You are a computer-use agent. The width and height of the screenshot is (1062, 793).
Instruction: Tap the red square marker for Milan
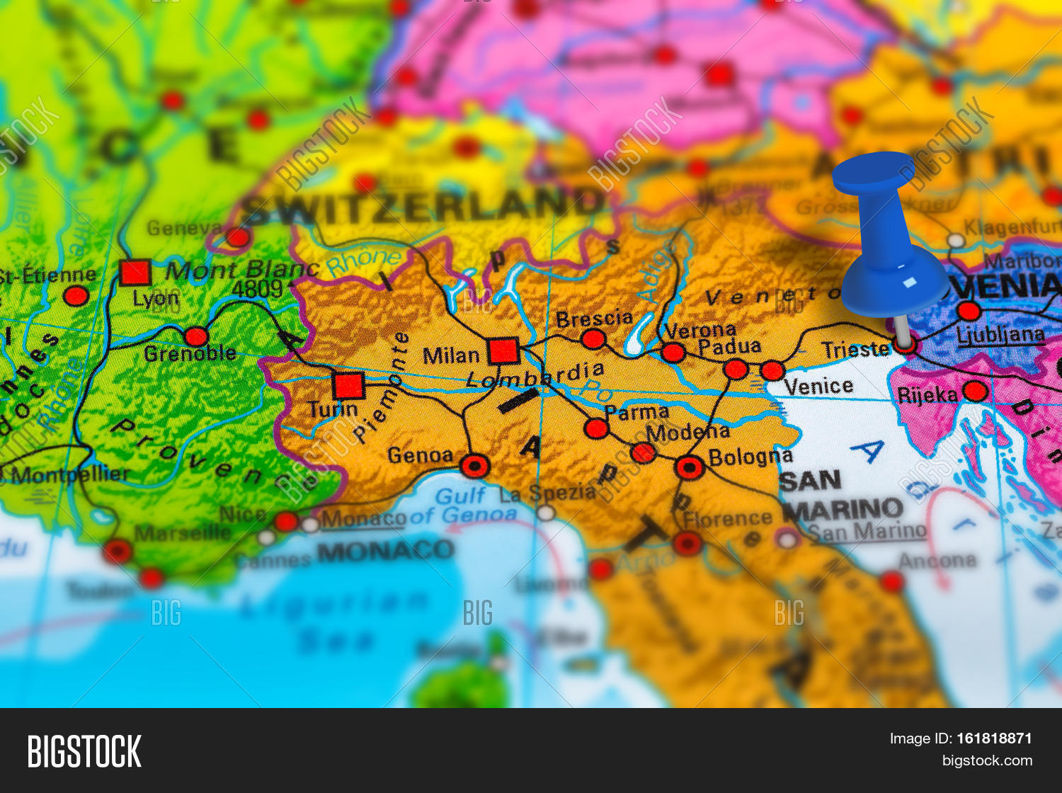pyautogui.click(x=503, y=350)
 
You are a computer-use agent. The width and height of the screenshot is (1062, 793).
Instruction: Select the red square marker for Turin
pyautogui.click(x=348, y=386)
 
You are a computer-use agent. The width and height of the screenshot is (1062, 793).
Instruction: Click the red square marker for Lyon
pyautogui.click(x=135, y=273)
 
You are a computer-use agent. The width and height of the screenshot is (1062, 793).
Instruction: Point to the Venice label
pyautogui.click(x=818, y=387)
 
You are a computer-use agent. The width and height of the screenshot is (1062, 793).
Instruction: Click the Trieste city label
pyautogui.click(x=855, y=350)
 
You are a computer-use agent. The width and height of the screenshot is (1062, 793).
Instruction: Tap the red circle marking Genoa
pyautogui.click(x=474, y=466)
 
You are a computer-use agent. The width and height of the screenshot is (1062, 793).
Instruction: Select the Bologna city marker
pyautogui.click(x=689, y=467)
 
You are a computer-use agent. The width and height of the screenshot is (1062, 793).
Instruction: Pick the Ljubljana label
pyautogui.click(x=1000, y=335)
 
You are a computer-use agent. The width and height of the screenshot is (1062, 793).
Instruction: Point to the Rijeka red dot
pyautogui.click(x=975, y=391)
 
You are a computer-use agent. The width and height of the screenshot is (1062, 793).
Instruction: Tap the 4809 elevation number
pyautogui.click(x=258, y=289)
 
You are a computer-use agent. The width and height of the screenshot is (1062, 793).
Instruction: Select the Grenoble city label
pyautogui.click(x=190, y=353)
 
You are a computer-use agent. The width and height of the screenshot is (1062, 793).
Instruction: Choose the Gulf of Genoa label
pyautogui.click(x=475, y=506)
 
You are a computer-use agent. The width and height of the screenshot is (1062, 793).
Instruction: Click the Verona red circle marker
pyautogui.click(x=673, y=352)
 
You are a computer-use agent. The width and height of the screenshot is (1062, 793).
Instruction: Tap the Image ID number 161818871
pyautogui.click(x=994, y=738)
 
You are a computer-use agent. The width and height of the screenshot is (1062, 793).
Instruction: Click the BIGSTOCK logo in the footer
pyautogui.click(x=84, y=751)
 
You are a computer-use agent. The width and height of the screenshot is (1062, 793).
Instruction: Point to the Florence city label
pyautogui.click(x=727, y=519)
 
